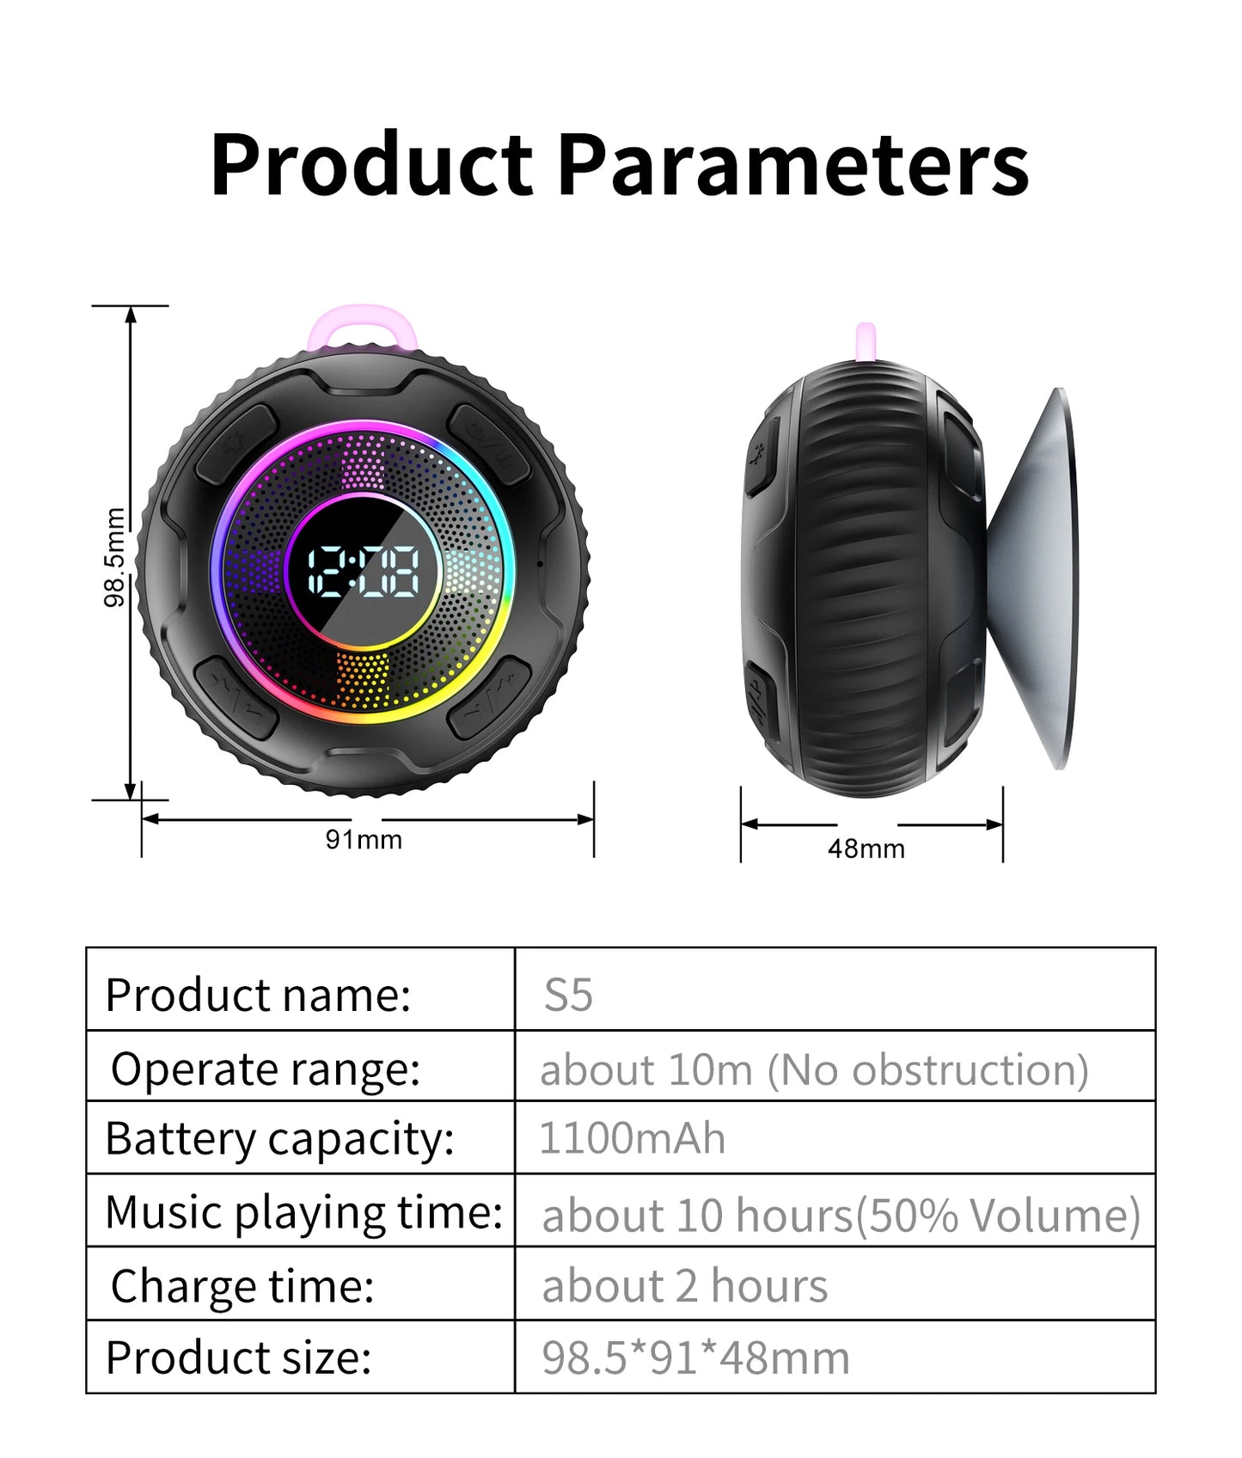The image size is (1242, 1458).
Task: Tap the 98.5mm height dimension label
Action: (114, 557)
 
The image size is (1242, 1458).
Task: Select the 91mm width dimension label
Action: (364, 839)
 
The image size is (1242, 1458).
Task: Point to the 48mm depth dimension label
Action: (866, 848)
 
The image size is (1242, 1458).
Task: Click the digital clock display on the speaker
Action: (364, 571)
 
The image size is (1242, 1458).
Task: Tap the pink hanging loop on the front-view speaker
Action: (363, 327)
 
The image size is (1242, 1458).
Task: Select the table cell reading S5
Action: (568, 995)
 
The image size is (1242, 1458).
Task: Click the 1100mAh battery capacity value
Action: (632, 1137)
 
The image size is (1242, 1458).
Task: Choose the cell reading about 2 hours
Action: (684, 1286)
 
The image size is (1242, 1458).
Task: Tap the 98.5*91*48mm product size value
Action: (695, 1357)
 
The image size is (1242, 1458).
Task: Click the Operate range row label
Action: (266, 1069)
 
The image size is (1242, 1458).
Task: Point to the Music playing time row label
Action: (303, 1212)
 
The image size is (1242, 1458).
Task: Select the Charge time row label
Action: (242, 1286)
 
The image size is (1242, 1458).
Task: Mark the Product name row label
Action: (258, 995)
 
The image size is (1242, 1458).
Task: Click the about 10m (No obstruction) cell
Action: (814, 1069)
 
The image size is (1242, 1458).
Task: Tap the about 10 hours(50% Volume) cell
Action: (841, 1215)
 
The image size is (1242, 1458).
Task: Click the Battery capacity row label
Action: (279, 1138)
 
